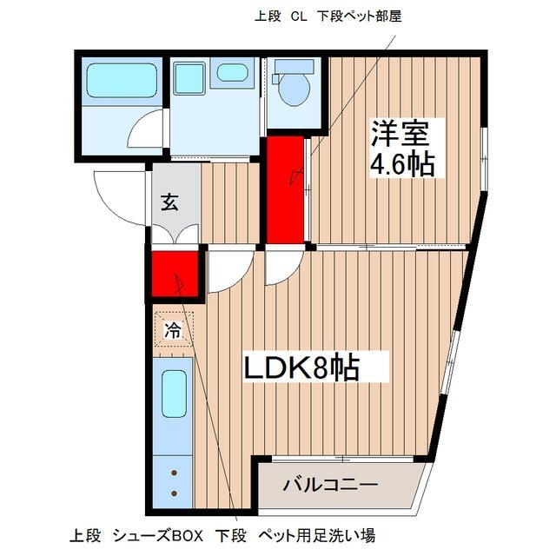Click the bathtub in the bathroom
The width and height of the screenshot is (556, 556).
(121, 80)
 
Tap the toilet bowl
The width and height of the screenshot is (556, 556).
(295, 88)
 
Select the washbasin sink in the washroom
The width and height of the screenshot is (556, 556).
(232, 73)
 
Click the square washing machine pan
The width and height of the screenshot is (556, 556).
(189, 78)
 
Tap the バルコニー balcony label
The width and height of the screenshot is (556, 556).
(329, 485)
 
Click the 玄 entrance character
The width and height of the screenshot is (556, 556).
(169, 202)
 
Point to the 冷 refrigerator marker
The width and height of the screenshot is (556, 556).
(174, 329)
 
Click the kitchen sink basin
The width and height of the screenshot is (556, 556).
(175, 394)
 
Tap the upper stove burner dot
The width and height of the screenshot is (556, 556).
(175, 473)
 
